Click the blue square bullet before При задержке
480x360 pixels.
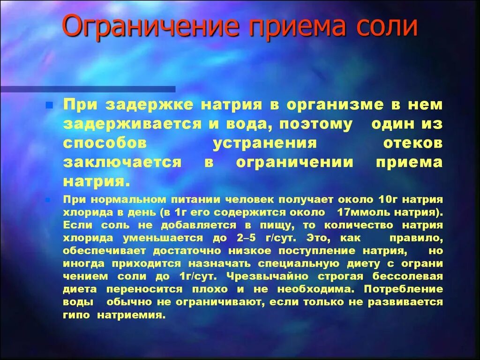point(48,106)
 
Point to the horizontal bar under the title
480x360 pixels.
point(88,89)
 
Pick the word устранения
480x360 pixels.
point(265,143)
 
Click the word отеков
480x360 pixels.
point(412,143)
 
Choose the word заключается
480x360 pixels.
point(122,162)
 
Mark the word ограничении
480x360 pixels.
point(294,162)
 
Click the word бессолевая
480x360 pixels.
point(413,276)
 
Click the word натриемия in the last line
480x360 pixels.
point(131,315)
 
